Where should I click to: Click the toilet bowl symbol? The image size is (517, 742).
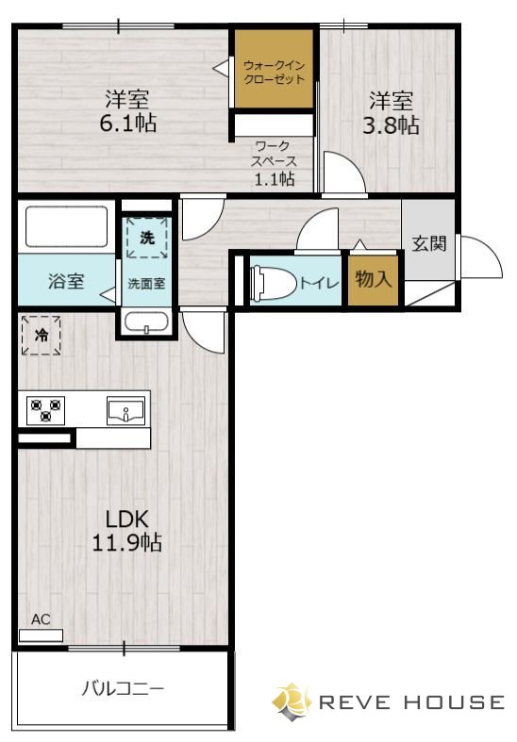(x=274, y=283)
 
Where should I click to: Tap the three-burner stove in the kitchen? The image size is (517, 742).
(x=46, y=410)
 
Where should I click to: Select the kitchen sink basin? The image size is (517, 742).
(x=125, y=411)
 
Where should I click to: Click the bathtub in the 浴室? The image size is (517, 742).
(x=66, y=226)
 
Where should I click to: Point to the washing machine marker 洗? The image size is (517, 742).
(x=147, y=238)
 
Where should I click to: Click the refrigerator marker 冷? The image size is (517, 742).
(x=42, y=335)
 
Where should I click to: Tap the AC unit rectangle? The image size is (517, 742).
(x=41, y=635)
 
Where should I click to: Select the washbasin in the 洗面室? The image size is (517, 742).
(x=147, y=322)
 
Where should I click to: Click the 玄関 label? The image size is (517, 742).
(x=429, y=243)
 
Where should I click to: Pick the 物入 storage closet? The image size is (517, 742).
(x=374, y=281)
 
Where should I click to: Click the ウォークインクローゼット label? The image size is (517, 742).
(x=275, y=72)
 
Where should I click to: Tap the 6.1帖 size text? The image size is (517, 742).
(x=127, y=124)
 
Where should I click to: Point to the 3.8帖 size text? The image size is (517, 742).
(x=391, y=126)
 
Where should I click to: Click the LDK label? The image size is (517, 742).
(x=126, y=519)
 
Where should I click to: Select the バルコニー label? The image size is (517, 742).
(x=123, y=688)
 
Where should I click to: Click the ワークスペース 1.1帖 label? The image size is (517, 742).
(x=275, y=163)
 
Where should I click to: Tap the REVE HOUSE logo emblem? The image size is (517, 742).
(x=292, y=701)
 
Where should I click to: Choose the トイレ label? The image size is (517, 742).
(x=320, y=283)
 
